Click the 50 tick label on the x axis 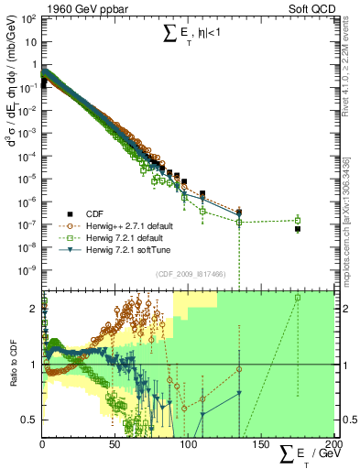pos(115,445)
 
